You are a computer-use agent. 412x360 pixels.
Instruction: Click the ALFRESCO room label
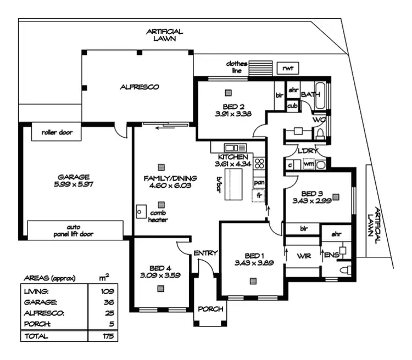(x=140, y=87)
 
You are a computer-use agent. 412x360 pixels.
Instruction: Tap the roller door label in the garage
(x=57, y=132)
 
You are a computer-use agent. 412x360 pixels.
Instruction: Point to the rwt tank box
(x=288, y=68)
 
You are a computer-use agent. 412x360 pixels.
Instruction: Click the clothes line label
(x=237, y=67)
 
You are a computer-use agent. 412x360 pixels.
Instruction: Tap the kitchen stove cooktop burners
(x=259, y=163)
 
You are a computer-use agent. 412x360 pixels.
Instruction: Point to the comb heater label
(x=158, y=216)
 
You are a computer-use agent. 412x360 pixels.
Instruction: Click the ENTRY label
(x=206, y=253)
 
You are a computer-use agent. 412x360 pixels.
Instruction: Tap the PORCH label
(x=210, y=309)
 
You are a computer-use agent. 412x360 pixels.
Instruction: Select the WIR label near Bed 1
(x=304, y=256)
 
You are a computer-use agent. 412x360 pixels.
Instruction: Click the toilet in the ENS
(x=344, y=269)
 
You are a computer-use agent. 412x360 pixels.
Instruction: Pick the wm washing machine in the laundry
(x=309, y=164)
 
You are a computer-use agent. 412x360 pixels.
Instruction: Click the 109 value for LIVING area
(x=107, y=291)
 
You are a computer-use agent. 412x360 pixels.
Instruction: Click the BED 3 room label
(x=311, y=193)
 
